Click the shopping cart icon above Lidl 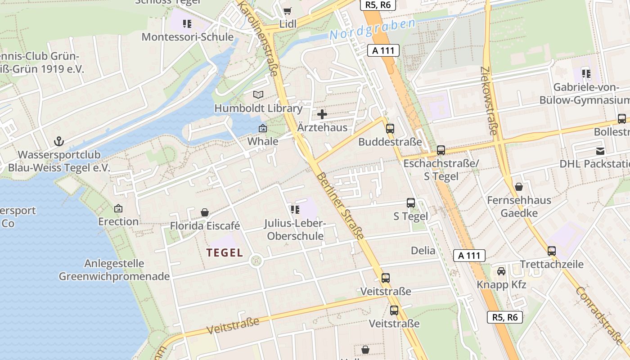pos(287,11)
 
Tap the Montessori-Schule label pos(188,37)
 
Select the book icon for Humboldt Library pos(258,94)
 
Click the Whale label pos(263,141)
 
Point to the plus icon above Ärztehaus pos(322,114)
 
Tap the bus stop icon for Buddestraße pos(390,129)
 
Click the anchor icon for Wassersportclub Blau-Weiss pos(59,142)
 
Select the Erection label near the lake pos(118,221)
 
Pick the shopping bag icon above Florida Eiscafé pos(205,212)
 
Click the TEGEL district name pos(225,252)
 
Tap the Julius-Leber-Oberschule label pos(295,229)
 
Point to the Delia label pos(423,251)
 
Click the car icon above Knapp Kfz pos(501,271)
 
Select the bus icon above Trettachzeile pos(552,251)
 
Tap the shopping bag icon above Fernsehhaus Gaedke pos(519,186)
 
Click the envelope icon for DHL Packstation pos(600,151)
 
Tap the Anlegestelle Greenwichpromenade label pos(114,270)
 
